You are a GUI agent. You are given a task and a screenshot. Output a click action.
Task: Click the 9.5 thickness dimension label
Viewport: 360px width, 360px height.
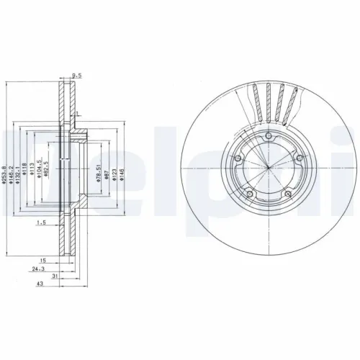tap(75, 73)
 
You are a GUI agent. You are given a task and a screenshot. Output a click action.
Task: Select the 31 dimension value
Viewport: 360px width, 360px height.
tap(42, 276)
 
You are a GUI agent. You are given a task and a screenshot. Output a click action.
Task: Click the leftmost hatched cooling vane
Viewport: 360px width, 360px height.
tap(256, 103)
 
